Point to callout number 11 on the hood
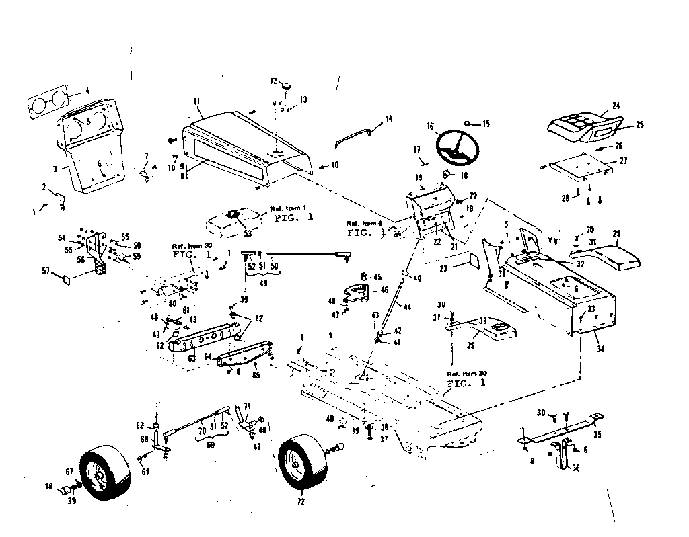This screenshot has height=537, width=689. (196, 102)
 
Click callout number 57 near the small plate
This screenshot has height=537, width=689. (46, 272)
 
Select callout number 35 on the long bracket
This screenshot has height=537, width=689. (597, 434)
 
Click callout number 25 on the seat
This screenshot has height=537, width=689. (640, 125)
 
